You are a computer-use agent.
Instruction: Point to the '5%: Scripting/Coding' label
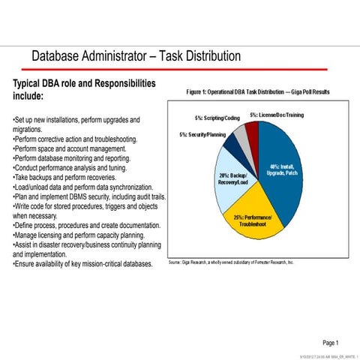coord(217,118)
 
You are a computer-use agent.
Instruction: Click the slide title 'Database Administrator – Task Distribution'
coord(136,56)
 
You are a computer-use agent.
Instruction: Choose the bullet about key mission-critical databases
coord(82,264)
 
